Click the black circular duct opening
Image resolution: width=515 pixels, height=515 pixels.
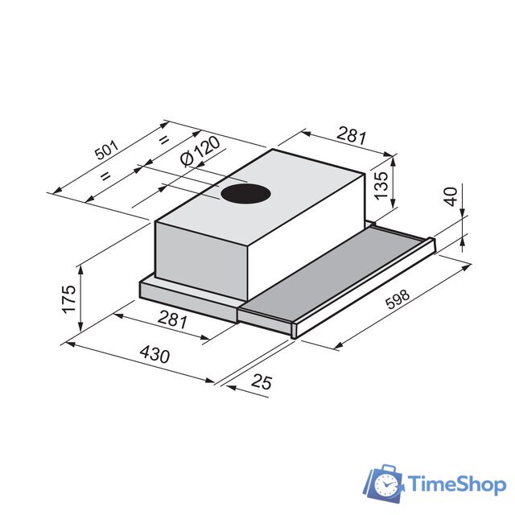coord(245,193)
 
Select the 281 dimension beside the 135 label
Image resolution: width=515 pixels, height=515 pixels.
coord(352,135)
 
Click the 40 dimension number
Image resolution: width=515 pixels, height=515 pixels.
coord(450,197)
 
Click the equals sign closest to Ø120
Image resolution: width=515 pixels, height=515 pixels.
coord(163,141)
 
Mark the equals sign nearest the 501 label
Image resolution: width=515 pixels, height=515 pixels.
coord(105,175)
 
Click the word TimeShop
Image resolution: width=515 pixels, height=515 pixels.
coord(456,484)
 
